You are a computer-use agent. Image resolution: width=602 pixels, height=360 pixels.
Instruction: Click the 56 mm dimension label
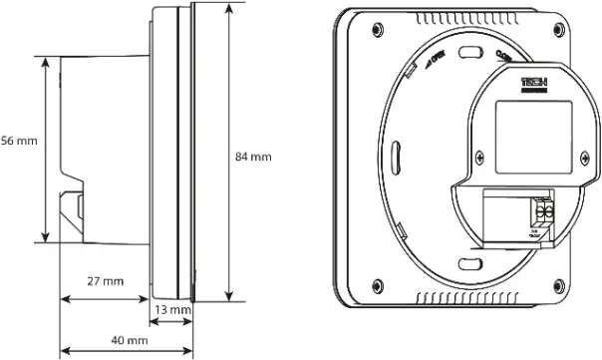pos(18,141)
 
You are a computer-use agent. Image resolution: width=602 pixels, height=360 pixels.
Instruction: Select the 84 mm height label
pos(252,157)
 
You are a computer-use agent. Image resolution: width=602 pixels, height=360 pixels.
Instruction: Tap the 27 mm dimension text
pos(104,282)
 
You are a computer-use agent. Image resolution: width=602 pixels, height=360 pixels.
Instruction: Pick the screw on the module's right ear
pos(583,158)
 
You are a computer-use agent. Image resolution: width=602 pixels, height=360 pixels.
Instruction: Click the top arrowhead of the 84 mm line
pos(230,7)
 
